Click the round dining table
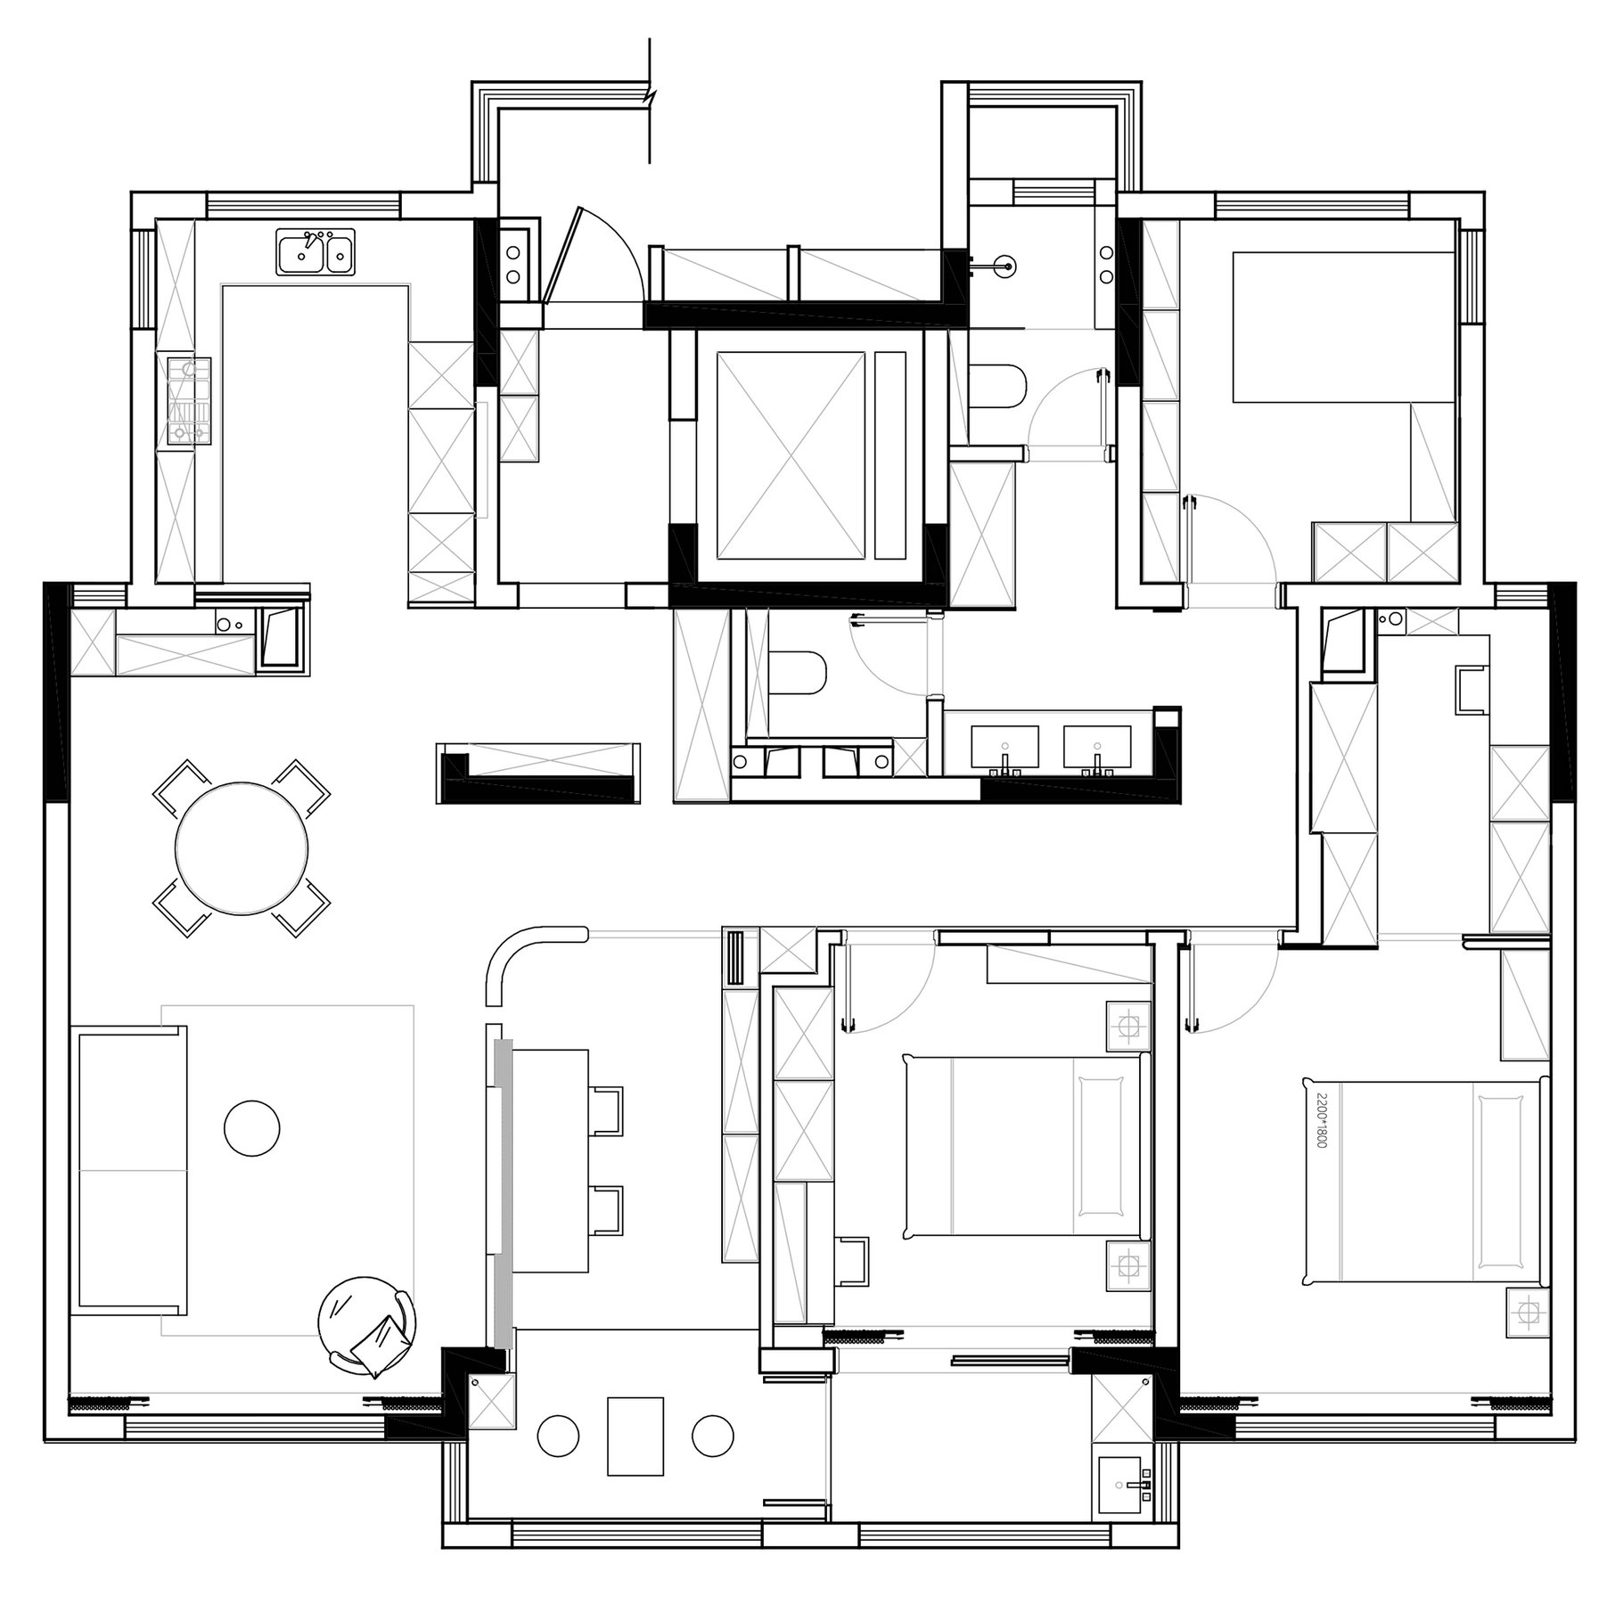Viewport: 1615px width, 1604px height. click(242, 847)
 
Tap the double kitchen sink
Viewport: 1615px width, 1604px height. click(316, 251)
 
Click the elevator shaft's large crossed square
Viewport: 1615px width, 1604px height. click(791, 455)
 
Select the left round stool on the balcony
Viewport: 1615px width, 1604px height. click(559, 1436)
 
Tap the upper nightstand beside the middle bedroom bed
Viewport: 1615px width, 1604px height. click(1127, 1025)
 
